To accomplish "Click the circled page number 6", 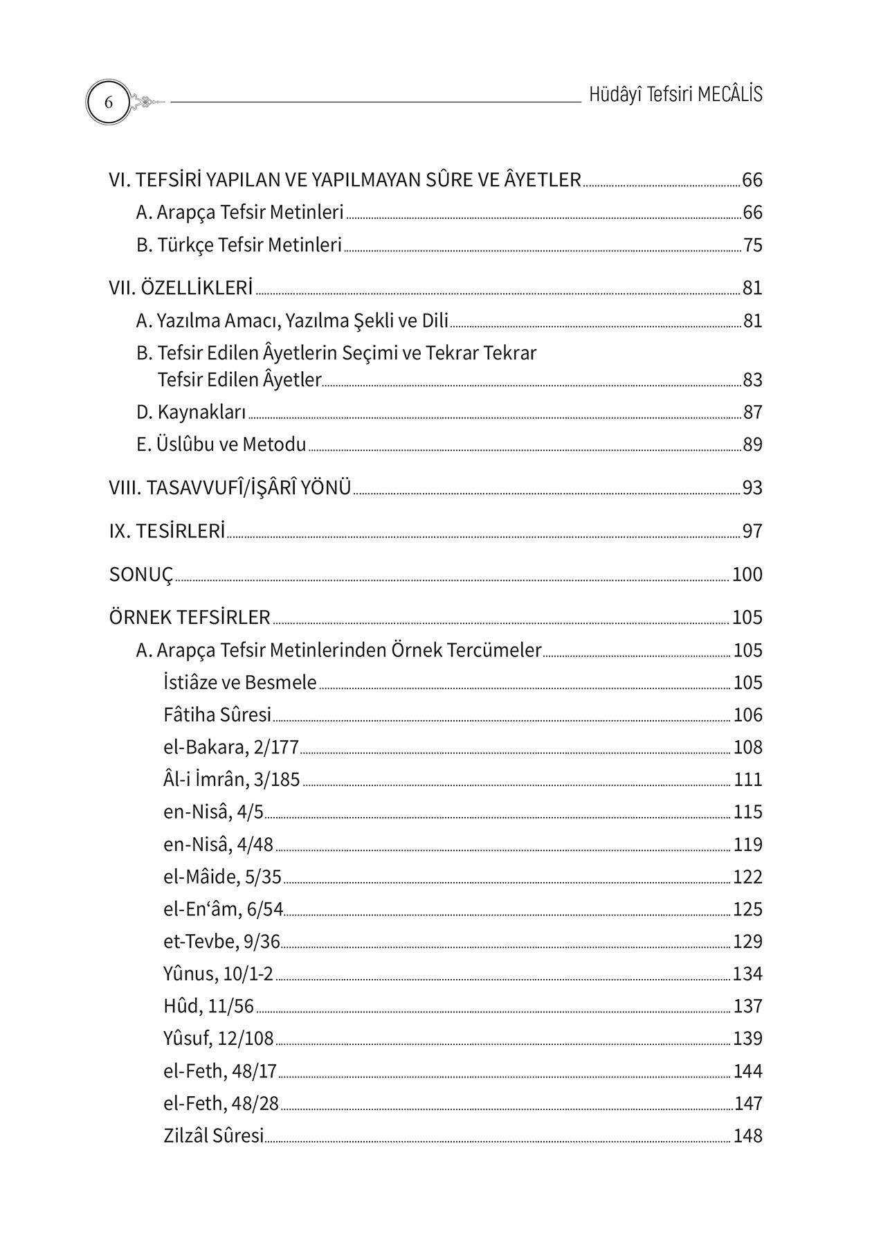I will click(x=108, y=102).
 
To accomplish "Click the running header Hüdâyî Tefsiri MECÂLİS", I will click(x=675, y=95).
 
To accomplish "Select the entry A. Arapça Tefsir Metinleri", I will click(x=239, y=213).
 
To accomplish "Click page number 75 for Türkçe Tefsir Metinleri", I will click(x=752, y=246).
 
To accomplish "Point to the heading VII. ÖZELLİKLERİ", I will click(x=181, y=288).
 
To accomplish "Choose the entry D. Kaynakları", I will click(x=191, y=413).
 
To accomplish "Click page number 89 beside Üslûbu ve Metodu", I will click(x=752, y=445).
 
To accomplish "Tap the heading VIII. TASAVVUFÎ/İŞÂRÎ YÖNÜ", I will click(x=230, y=488).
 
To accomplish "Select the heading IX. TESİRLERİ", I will click(x=167, y=532).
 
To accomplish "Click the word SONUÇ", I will click(x=141, y=575).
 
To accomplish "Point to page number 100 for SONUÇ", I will click(x=747, y=575).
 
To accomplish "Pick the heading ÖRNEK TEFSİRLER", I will click(x=190, y=618).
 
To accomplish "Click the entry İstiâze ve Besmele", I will click(x=240, y=683).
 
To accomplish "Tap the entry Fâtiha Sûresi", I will click(x=217, y=715).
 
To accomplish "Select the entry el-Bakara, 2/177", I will click(x=231, y=748).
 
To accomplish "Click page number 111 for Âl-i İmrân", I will click(x=748, y=780).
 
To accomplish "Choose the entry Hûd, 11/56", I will click(x=209, y=1006).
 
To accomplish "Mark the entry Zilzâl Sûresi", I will click(x=214, y=1136).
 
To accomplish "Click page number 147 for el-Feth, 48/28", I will click(x=748, y=1104).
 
